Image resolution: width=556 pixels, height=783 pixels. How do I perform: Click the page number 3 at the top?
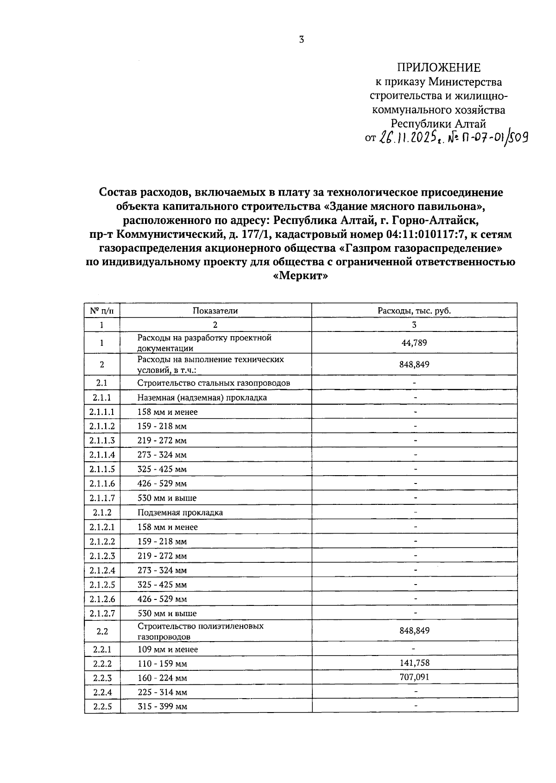click(301, 40)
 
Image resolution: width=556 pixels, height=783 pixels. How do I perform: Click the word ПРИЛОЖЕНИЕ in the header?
click(438, 68)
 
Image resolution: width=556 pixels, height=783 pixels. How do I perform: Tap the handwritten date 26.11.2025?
click(409, 138)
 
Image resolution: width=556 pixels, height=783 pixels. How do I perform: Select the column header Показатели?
click(215, 311)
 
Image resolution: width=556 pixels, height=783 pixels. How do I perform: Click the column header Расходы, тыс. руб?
click(414, 311)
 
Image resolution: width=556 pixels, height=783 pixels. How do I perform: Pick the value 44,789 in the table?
click(414, 343)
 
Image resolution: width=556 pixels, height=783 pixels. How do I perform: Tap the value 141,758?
click(414, 663)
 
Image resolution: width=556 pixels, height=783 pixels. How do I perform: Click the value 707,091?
click(414, 677)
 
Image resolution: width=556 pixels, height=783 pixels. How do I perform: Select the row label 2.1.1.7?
click(102, 498)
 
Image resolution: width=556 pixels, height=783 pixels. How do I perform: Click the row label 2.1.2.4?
click(102, 570)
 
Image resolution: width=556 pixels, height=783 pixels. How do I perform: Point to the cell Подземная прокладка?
click(180, 513)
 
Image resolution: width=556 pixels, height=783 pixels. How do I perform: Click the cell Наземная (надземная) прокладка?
click(202, 398)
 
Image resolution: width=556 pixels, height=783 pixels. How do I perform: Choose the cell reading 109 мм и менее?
click(167, 649)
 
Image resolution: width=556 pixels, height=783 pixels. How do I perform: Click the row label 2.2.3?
click(102, 678)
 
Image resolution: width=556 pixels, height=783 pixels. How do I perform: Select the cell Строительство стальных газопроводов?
click(214, 383)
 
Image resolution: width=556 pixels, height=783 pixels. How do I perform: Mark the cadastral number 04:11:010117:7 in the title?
click(425, 235)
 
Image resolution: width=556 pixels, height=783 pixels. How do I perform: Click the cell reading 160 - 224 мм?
click(162, 678)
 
